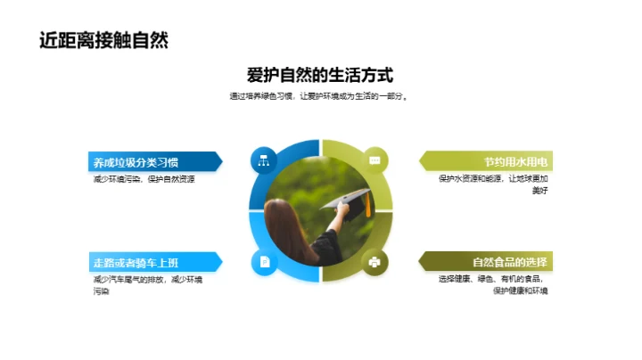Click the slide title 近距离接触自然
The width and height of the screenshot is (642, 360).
[103, 40]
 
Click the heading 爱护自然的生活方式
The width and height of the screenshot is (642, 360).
[320, 76]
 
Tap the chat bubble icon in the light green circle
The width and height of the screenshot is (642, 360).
[375, 160]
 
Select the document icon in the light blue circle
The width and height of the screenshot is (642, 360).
[264, 262]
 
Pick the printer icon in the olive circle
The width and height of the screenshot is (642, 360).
[375, 262]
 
